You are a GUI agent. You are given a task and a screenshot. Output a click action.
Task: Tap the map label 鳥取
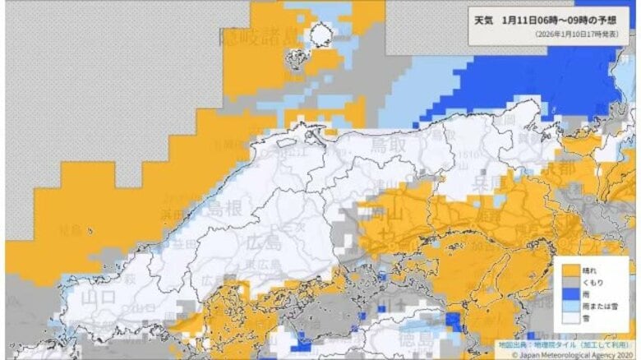click(382, 146)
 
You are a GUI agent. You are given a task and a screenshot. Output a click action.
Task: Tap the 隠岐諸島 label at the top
click(259, 36)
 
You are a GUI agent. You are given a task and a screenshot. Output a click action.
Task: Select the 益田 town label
click(185, 243)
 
